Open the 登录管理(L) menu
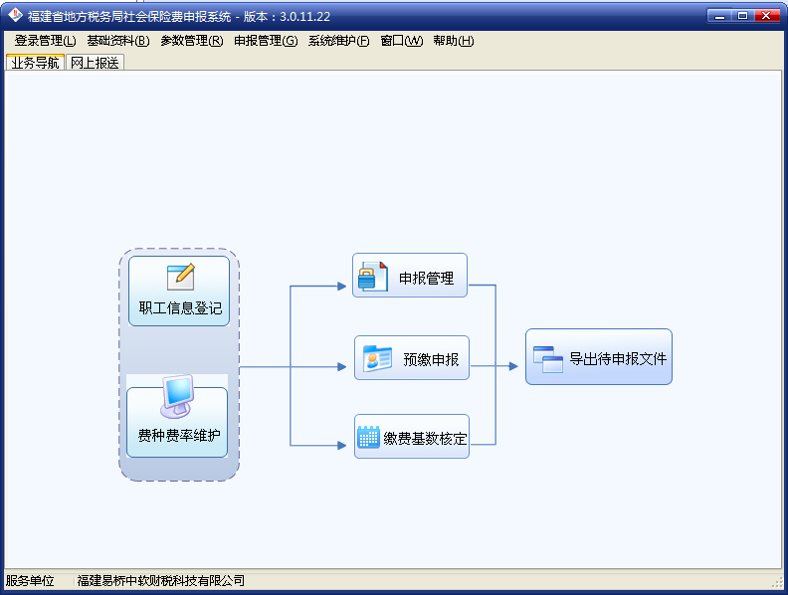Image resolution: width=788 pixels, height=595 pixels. point(45,41)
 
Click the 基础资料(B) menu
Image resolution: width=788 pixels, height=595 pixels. point(118,41)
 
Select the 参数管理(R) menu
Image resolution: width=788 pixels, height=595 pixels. point(192,41)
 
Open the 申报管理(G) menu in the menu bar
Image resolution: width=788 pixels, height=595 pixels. point(266,41)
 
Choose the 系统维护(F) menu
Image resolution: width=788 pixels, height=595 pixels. point(338,41)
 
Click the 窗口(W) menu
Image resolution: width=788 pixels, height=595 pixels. point(402,41)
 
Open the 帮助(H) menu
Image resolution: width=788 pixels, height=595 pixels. point(454,41)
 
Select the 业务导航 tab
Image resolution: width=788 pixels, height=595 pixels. point(35,63)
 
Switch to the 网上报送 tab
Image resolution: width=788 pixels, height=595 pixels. point(95,63)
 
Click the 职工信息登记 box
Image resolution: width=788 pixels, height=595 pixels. point(179,291)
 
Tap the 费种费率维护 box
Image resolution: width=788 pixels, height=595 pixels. point(177,422)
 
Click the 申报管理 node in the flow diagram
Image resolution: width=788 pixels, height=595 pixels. point(410,276)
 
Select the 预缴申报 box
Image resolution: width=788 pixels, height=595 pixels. point(412,358)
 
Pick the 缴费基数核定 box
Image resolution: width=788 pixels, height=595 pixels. point(412,436)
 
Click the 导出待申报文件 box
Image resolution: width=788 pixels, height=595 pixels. point(599,357)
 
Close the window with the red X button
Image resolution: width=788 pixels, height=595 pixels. point(766,16)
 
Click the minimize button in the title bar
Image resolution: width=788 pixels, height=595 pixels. point(719,16)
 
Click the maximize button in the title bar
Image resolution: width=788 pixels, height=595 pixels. point(743,16)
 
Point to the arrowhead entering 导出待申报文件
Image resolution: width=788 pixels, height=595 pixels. point(513,366)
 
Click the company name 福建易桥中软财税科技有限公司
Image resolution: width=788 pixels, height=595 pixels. point(161,581)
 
